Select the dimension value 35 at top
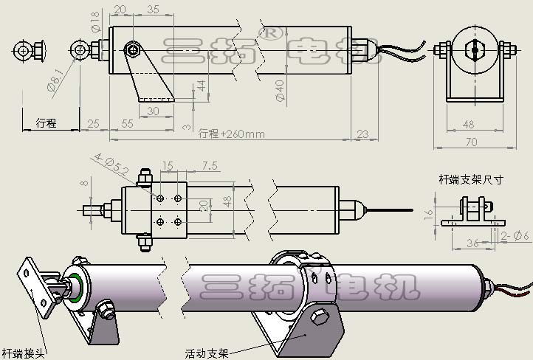pos(153,10)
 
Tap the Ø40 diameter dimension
pos(279,91)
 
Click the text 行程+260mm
pos(231,134)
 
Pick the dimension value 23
pos(362,134)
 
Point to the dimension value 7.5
pos(210,166)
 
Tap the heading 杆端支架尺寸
pos(471,179)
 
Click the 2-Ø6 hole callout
pos(515,235)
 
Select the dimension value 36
pos(470,242)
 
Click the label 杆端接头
pos(23,353)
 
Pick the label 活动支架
pos(207,353)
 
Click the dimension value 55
pos(127,123)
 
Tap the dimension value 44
pos(202,86)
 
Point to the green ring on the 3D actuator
pos(76,284)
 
